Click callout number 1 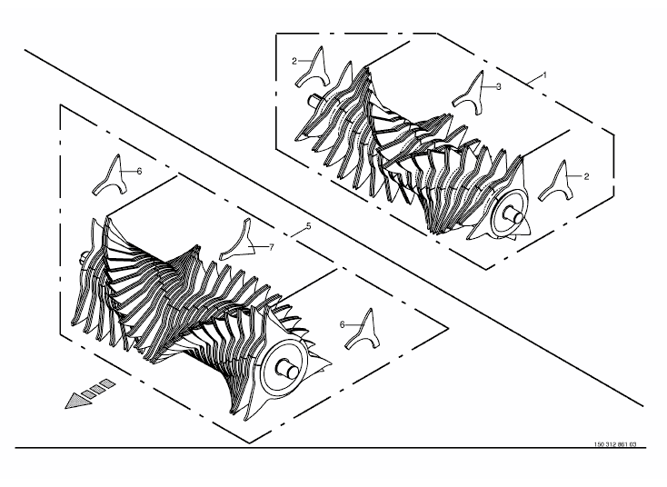[544, 75]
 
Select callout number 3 [499, 86]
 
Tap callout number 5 [308, 226]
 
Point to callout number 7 [271, 247]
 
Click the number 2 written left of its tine [294, 61]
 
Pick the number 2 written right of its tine [586, 176]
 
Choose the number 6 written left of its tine [343, 325]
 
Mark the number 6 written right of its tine [139, 172]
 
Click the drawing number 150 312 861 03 [615, 444]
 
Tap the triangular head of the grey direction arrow [77, 401]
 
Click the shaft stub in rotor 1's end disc [513, 215]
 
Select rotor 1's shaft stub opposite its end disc [315, 99]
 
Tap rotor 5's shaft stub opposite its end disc [85, 256]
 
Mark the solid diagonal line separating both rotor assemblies [333, 228]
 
